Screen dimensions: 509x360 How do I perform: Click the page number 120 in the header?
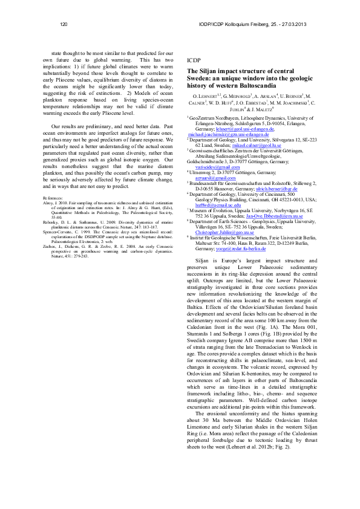pyautogui.click(x=64, y=24)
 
